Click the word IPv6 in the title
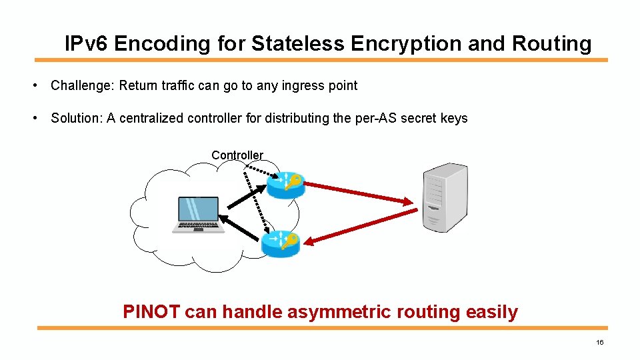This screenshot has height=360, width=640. (87, 44)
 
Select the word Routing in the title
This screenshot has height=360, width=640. (551, 44)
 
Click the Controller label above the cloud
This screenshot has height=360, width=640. (237, 155)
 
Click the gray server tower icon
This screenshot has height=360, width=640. (445, 197)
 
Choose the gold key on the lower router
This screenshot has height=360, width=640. (291, 240)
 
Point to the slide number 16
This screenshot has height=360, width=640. (599, 342)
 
